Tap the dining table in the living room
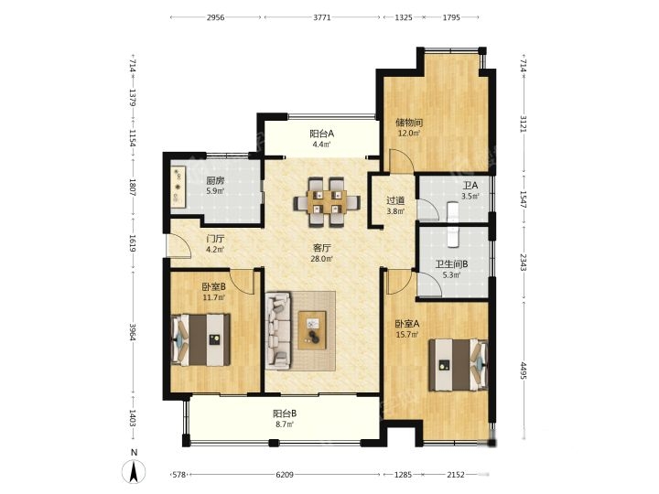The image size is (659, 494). click(327, 202)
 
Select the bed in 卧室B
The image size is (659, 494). click(200, 339)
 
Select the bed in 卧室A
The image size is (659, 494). click(459, 365)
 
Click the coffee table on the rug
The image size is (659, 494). click(312, 329)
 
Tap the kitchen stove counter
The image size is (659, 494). click(178, 187)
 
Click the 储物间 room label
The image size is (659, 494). click(409, 123)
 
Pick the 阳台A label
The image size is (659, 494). click(321, 134)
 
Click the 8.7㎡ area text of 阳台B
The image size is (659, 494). click(285, 424)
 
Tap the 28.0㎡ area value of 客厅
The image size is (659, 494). click(322, 259)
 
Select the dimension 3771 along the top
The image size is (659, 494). click(322, 17)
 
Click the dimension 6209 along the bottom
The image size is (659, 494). click(285, 475)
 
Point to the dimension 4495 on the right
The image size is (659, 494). click(524, 370)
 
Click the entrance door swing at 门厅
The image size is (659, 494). click(178, 244)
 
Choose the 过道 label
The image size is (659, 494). click(395, 200)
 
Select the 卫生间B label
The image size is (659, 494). click(451, 264)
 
